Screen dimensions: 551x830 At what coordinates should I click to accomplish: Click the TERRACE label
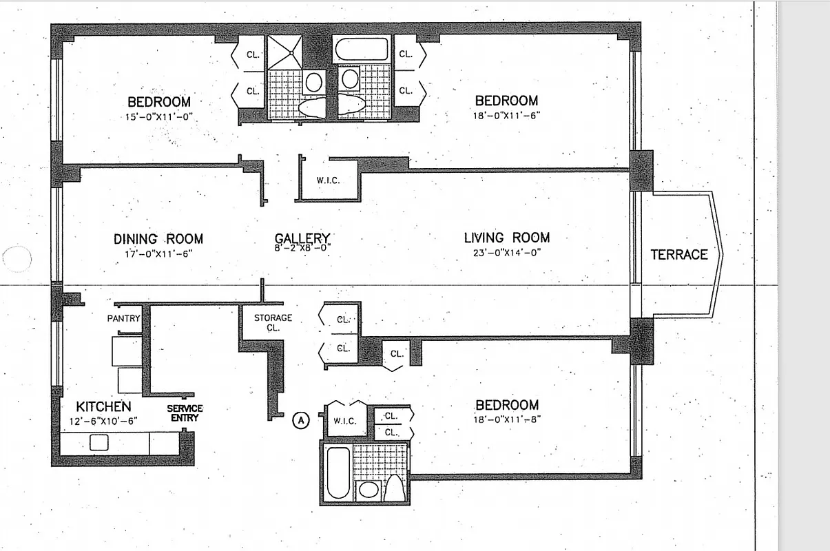[678, 255]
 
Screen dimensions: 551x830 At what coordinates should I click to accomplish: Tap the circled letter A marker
[301, 419]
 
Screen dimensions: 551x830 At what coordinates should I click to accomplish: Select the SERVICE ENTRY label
[185, 413]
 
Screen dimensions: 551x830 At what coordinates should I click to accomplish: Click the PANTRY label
[124, 318]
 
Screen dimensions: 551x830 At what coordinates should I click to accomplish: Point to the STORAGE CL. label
[273, 322]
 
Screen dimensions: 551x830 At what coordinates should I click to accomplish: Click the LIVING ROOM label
[506, 238]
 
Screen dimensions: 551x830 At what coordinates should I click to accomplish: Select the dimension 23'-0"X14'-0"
[506, 252]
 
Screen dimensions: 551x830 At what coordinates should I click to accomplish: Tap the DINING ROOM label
[158, 239]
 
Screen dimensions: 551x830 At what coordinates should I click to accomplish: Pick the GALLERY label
[302, 238]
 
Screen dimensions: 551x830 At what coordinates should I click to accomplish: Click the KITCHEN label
[103, 406]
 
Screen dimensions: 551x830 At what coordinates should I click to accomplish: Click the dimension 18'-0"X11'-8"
[506, 419]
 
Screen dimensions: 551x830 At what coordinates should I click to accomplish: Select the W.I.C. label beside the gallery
[328, 181]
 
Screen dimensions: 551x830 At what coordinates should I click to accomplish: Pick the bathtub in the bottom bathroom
[338, 472]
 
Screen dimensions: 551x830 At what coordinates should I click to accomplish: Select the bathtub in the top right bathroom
[362, 49]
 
